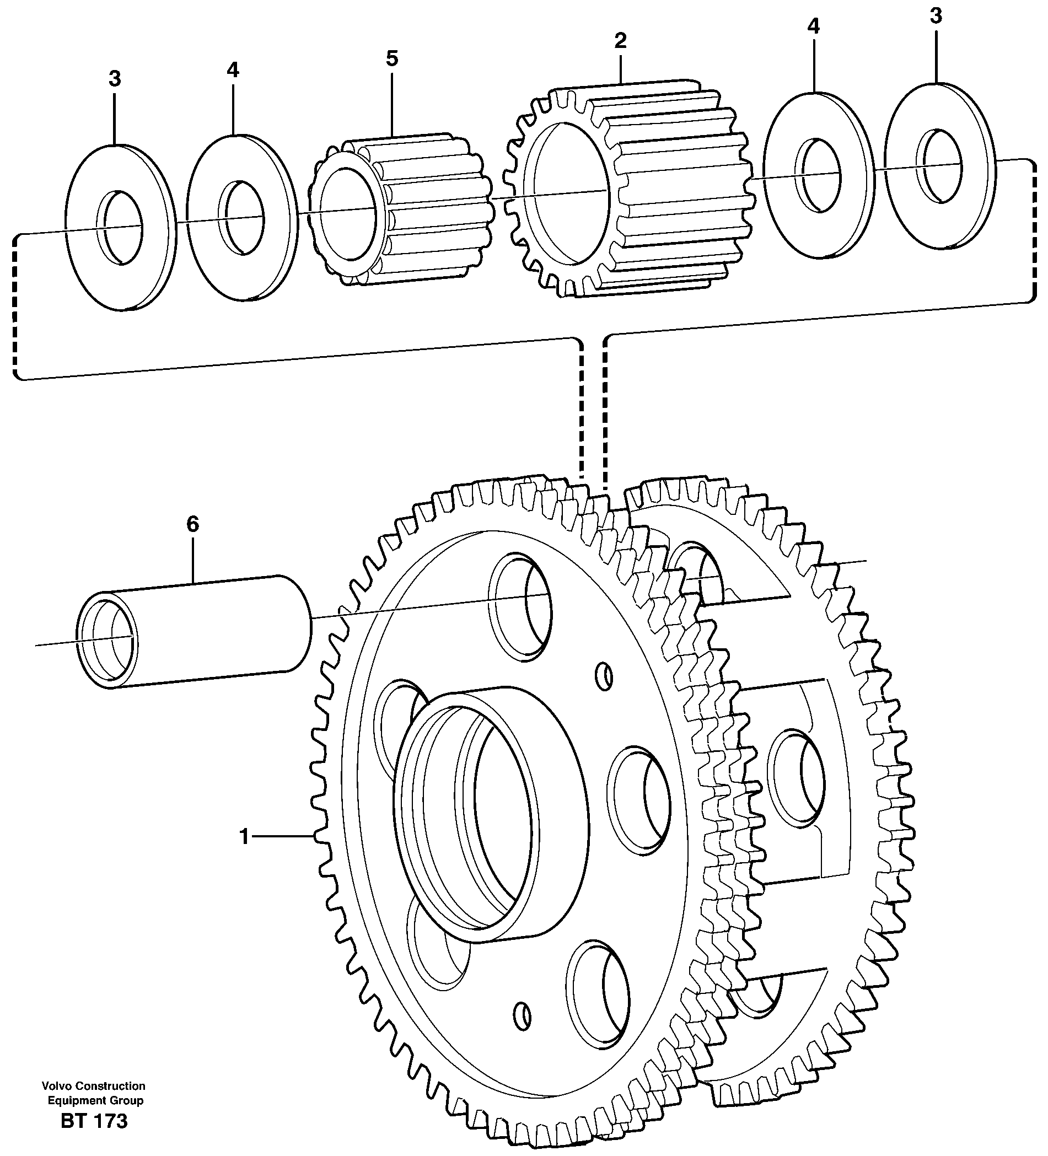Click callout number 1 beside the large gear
coord(244,837)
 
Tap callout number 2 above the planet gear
coord(620,41)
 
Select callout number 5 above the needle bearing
coord(391,58)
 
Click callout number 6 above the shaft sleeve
coord(192,524)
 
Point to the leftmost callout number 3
coord(115,79)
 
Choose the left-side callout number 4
coord(232,70)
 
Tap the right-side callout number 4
coord(814,26)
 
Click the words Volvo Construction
coord(94,1086)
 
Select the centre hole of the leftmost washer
coord(120,228)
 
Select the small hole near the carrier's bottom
coord(523,1017)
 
